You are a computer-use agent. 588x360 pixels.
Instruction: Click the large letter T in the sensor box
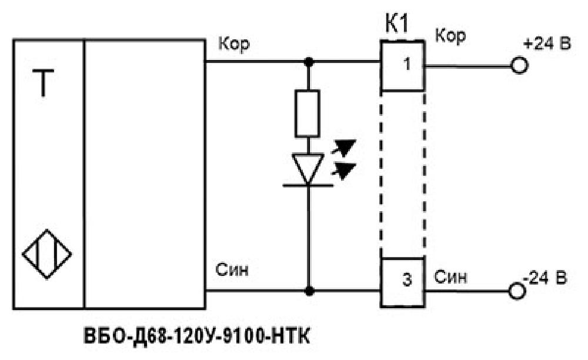point(43,83)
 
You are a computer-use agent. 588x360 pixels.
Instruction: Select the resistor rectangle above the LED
point(308,114)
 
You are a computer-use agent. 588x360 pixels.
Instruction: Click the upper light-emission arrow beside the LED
point(343,146)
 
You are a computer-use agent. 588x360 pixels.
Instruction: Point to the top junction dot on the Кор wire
point(309,62)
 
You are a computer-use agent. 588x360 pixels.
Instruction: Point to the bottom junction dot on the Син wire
point(309,291)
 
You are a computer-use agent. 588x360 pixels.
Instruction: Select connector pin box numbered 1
point(403,66)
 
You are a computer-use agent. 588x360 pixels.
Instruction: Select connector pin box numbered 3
point(403,282)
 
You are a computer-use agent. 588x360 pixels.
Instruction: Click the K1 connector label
point(397,24)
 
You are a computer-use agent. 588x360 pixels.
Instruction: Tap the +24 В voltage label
point(547,44)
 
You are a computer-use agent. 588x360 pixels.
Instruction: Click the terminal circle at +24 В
point(519,66)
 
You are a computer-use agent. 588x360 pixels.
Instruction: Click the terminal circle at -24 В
point(517,291)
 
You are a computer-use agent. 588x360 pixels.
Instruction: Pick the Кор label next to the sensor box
point(234,44)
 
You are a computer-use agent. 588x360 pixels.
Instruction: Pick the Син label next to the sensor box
point(232,269)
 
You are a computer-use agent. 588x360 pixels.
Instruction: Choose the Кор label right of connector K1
point(450,36)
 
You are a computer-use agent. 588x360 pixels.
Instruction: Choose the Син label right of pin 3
point(451,277)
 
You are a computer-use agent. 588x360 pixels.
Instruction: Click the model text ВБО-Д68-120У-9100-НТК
point(197,336)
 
